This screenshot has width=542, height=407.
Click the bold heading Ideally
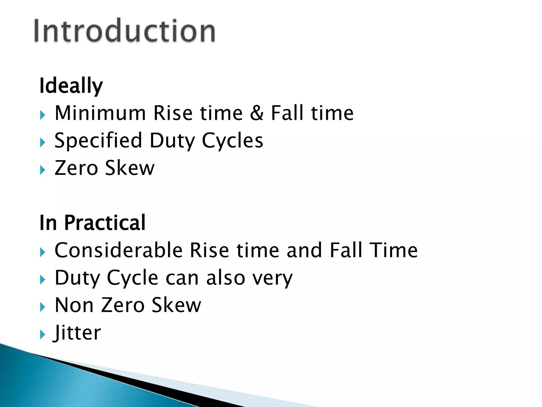click(71, 86)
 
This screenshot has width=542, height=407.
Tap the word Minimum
click(100, 113)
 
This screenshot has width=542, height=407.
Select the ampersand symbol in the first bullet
click(257, 113)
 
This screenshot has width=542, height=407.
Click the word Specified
click(98, 141)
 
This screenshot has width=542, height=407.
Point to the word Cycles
click(232, 141)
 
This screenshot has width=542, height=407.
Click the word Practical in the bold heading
click(105, 223)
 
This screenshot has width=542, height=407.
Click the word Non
click(74, 305)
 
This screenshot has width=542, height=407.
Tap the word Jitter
click(77, 333)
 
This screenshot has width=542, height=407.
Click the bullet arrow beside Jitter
click(43, 334)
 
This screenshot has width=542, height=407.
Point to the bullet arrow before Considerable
click(43, 252)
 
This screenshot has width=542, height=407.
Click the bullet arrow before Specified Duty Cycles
click(43, 143)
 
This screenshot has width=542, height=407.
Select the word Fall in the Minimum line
click(287, 113)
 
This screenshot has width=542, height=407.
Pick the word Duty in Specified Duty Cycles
click(172, 141)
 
